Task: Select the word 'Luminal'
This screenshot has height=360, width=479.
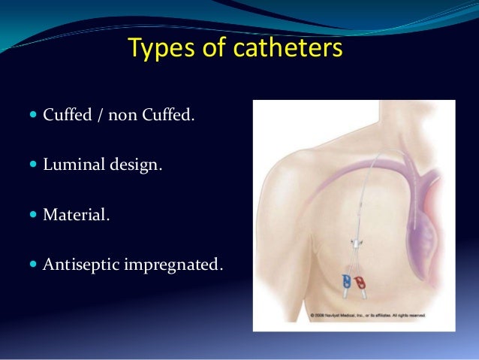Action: point(71,165)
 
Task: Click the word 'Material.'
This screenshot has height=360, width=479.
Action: point(76,214)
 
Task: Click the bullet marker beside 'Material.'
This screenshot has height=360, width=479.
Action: point(33,214)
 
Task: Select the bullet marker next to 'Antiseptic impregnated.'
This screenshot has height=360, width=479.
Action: point(33,263)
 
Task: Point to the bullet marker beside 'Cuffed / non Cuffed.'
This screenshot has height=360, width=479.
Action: point(33,116)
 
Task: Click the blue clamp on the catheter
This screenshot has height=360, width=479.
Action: point(346,281)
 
